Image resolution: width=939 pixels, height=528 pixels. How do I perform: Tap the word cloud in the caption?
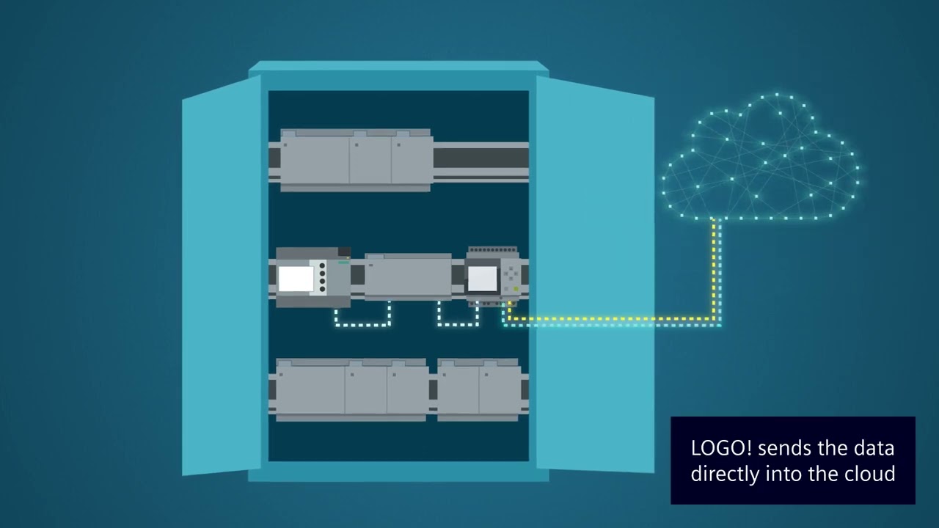click(871, 474)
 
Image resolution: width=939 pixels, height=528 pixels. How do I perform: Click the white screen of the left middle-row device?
click(296, 279)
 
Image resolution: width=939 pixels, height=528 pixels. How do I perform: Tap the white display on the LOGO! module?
click(482, 279)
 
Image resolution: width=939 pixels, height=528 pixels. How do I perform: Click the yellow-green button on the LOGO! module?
click(516, 289)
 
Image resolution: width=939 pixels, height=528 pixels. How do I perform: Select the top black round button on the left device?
click(322, 265)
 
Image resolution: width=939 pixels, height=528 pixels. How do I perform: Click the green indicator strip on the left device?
click(343, 262)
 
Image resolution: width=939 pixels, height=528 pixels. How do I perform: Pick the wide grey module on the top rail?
click(356, 160)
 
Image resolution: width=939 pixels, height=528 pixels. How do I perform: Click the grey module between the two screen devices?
click(408, 277)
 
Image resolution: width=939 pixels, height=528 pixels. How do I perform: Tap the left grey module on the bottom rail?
click(351, 389)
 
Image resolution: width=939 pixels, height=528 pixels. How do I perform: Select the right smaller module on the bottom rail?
click(478, 389)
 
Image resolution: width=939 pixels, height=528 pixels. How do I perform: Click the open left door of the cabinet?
click(221, 275)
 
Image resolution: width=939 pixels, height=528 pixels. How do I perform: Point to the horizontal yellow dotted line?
click(609, 319)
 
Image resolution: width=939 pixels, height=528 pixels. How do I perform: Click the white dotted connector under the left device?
click(362, 323)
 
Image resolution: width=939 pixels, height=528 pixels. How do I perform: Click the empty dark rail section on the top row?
click(481, 158)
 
